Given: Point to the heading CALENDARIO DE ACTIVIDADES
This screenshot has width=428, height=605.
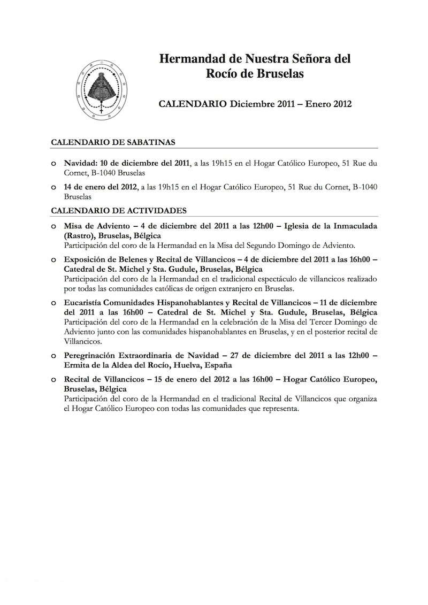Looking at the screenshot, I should (118, 211).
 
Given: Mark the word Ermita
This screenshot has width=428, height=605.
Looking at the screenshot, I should (77, 364).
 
